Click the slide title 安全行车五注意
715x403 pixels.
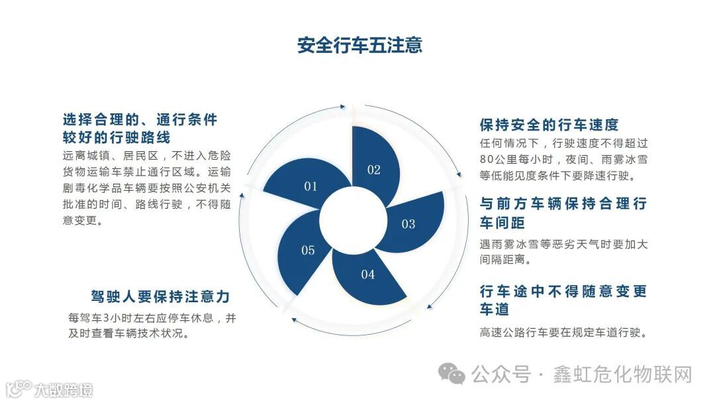[359, 46]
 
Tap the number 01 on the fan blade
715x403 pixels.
[310, 186]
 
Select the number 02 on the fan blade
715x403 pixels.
[374, 170]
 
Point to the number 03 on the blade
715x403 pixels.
[408, 224]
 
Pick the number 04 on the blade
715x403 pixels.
[368, 274]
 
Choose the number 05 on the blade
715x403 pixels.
[308, 251]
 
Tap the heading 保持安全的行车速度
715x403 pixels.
[549, 125]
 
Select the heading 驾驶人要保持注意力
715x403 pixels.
[160, 297]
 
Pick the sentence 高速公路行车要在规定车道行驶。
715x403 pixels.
[563, 332]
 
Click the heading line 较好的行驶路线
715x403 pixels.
[117, 138]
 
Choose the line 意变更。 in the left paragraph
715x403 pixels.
[83, 220]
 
